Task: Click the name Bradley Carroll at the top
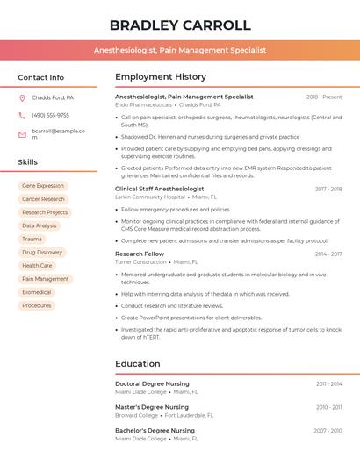(x=180, y=25)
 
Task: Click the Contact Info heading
(x=41, y=77)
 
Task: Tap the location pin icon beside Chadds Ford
(x=22, y=98)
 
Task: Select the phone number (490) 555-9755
(x=50, y=115)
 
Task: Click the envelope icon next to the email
(x=22, y=134)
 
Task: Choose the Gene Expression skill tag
(x=43, y=186)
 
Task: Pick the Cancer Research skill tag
(x=44, y=199)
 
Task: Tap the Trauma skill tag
(x=32, y=239)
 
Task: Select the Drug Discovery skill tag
(x=42, y=253)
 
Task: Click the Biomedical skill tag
(x=37, y=292)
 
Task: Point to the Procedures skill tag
(x=37, y=305)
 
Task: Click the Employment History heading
(x=161, y=77)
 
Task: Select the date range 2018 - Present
(x=324, y=97)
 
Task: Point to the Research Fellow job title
(x=140, y=254)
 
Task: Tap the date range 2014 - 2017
(x=328, y=254)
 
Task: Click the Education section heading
(x=138, y=364)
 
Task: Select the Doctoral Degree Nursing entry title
(x=152, y=383)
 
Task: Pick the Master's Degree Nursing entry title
(x=152, y=407)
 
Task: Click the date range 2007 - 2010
(x=328, y=431)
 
